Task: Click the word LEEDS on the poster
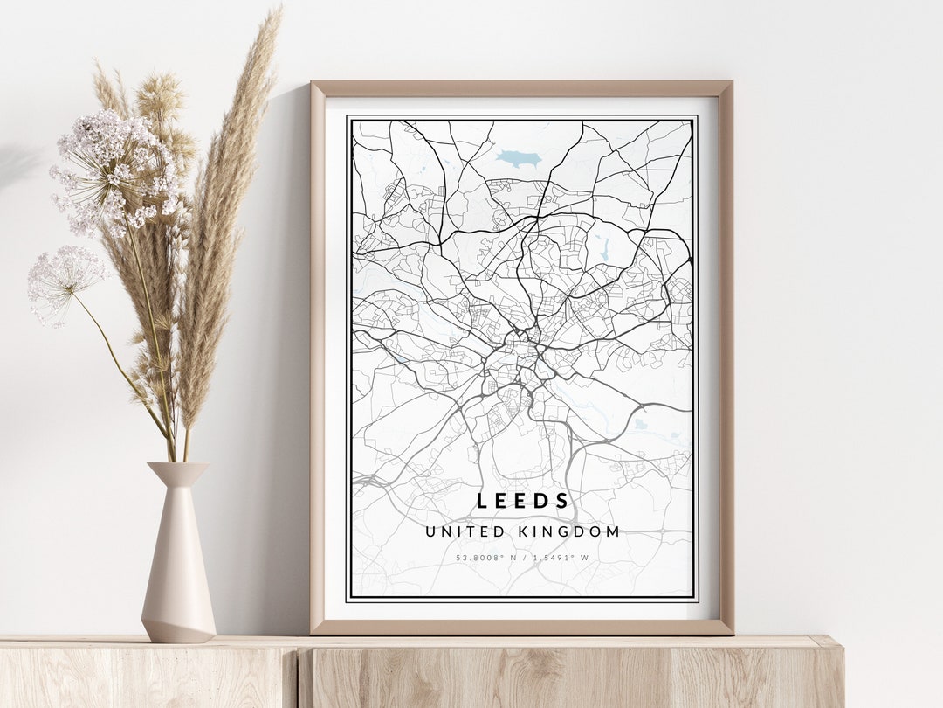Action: [x=523, y=501]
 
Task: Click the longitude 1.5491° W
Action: [x=558, y=557]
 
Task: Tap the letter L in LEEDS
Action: [x=482, y=501]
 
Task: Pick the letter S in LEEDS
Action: [x=563, y=501]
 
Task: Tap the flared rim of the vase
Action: [x=178, y=469]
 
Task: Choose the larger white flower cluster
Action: [x=118, y=170]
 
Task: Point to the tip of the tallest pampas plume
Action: [x=278, y=12]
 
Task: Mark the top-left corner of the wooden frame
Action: [x=313, y=84]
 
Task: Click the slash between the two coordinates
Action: [x=522, y=557]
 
